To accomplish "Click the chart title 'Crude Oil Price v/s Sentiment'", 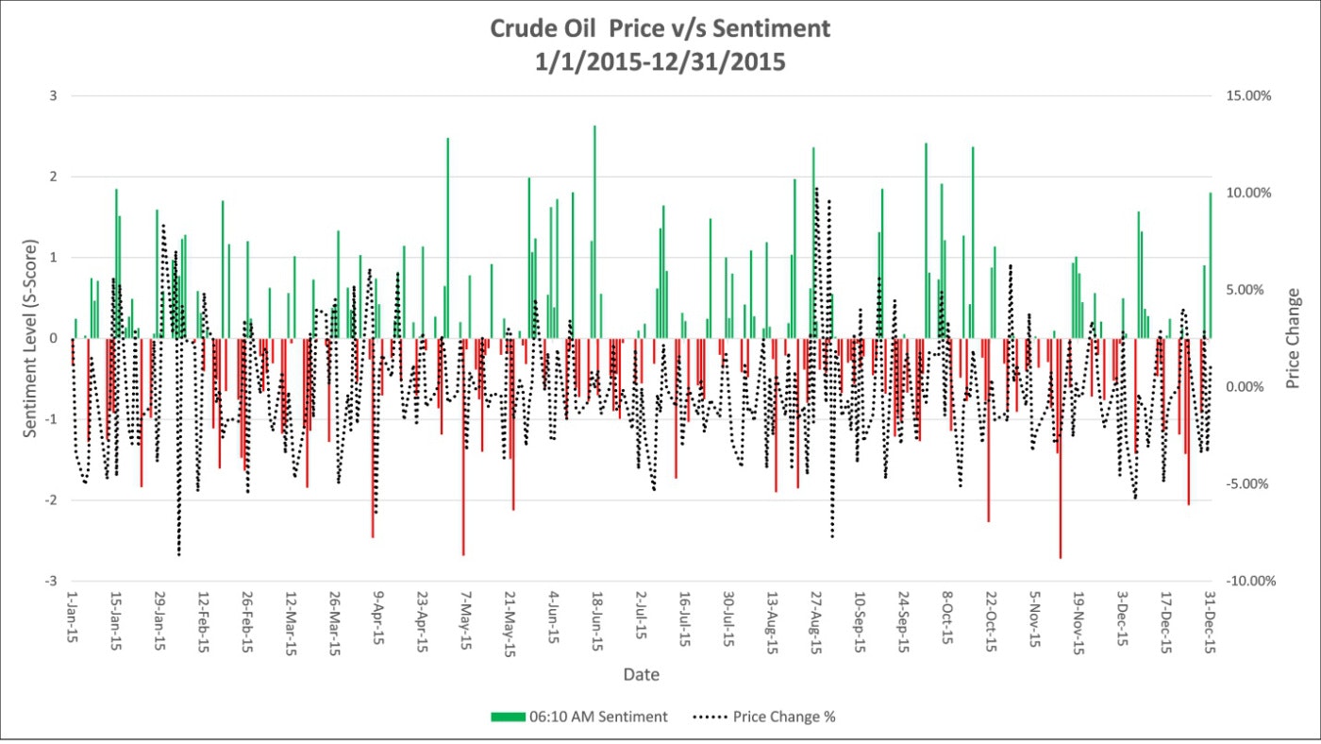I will click(x=660, y=28).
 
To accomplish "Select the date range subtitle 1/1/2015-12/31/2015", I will click(x=660, y=63).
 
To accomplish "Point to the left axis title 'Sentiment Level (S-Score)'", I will click(x=30, y=338).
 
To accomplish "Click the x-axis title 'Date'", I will click(x=641, y=675).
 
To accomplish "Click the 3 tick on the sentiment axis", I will click(x=54, y=96).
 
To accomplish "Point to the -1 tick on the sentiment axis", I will click(x=52, y=419).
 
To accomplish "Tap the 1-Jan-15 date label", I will click(x=72, y=618).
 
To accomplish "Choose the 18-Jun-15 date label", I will click(x=594, y=620).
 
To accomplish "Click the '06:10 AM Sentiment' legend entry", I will click(x=578, y=717).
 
